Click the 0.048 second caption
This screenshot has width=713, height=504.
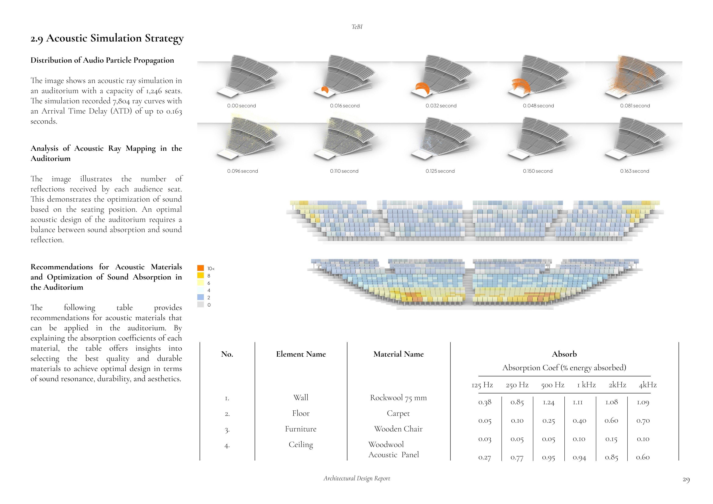[538, 106]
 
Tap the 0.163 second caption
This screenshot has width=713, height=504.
[634, 171]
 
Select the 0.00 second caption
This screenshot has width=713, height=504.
[241, 106]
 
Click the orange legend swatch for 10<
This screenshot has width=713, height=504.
[201, 268]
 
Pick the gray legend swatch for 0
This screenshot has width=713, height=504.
[201, 305]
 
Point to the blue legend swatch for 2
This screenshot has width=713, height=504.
[201, 297]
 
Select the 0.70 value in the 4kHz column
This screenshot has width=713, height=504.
[643, 421]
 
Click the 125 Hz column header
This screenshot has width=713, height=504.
[482, 385]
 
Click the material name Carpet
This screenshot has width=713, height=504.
[398, 413]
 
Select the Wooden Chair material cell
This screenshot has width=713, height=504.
[398, 429]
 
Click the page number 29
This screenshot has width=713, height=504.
[686, 480]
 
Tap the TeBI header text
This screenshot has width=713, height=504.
[357, 27]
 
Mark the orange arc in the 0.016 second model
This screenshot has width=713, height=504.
[325, 90]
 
